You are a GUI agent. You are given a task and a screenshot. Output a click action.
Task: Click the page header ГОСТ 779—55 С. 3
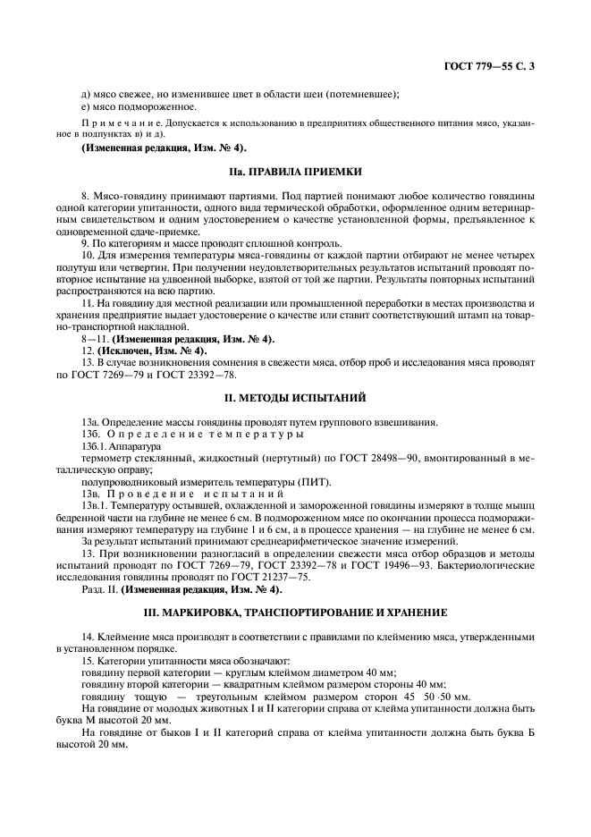tap(494, 65)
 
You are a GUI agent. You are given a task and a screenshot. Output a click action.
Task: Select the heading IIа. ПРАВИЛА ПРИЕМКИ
tap(295, 170)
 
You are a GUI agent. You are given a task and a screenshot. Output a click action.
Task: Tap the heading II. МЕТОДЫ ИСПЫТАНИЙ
tap(295, 396)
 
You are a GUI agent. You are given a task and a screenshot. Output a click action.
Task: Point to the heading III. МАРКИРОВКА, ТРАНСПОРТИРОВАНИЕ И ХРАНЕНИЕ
tap(295, 613)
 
